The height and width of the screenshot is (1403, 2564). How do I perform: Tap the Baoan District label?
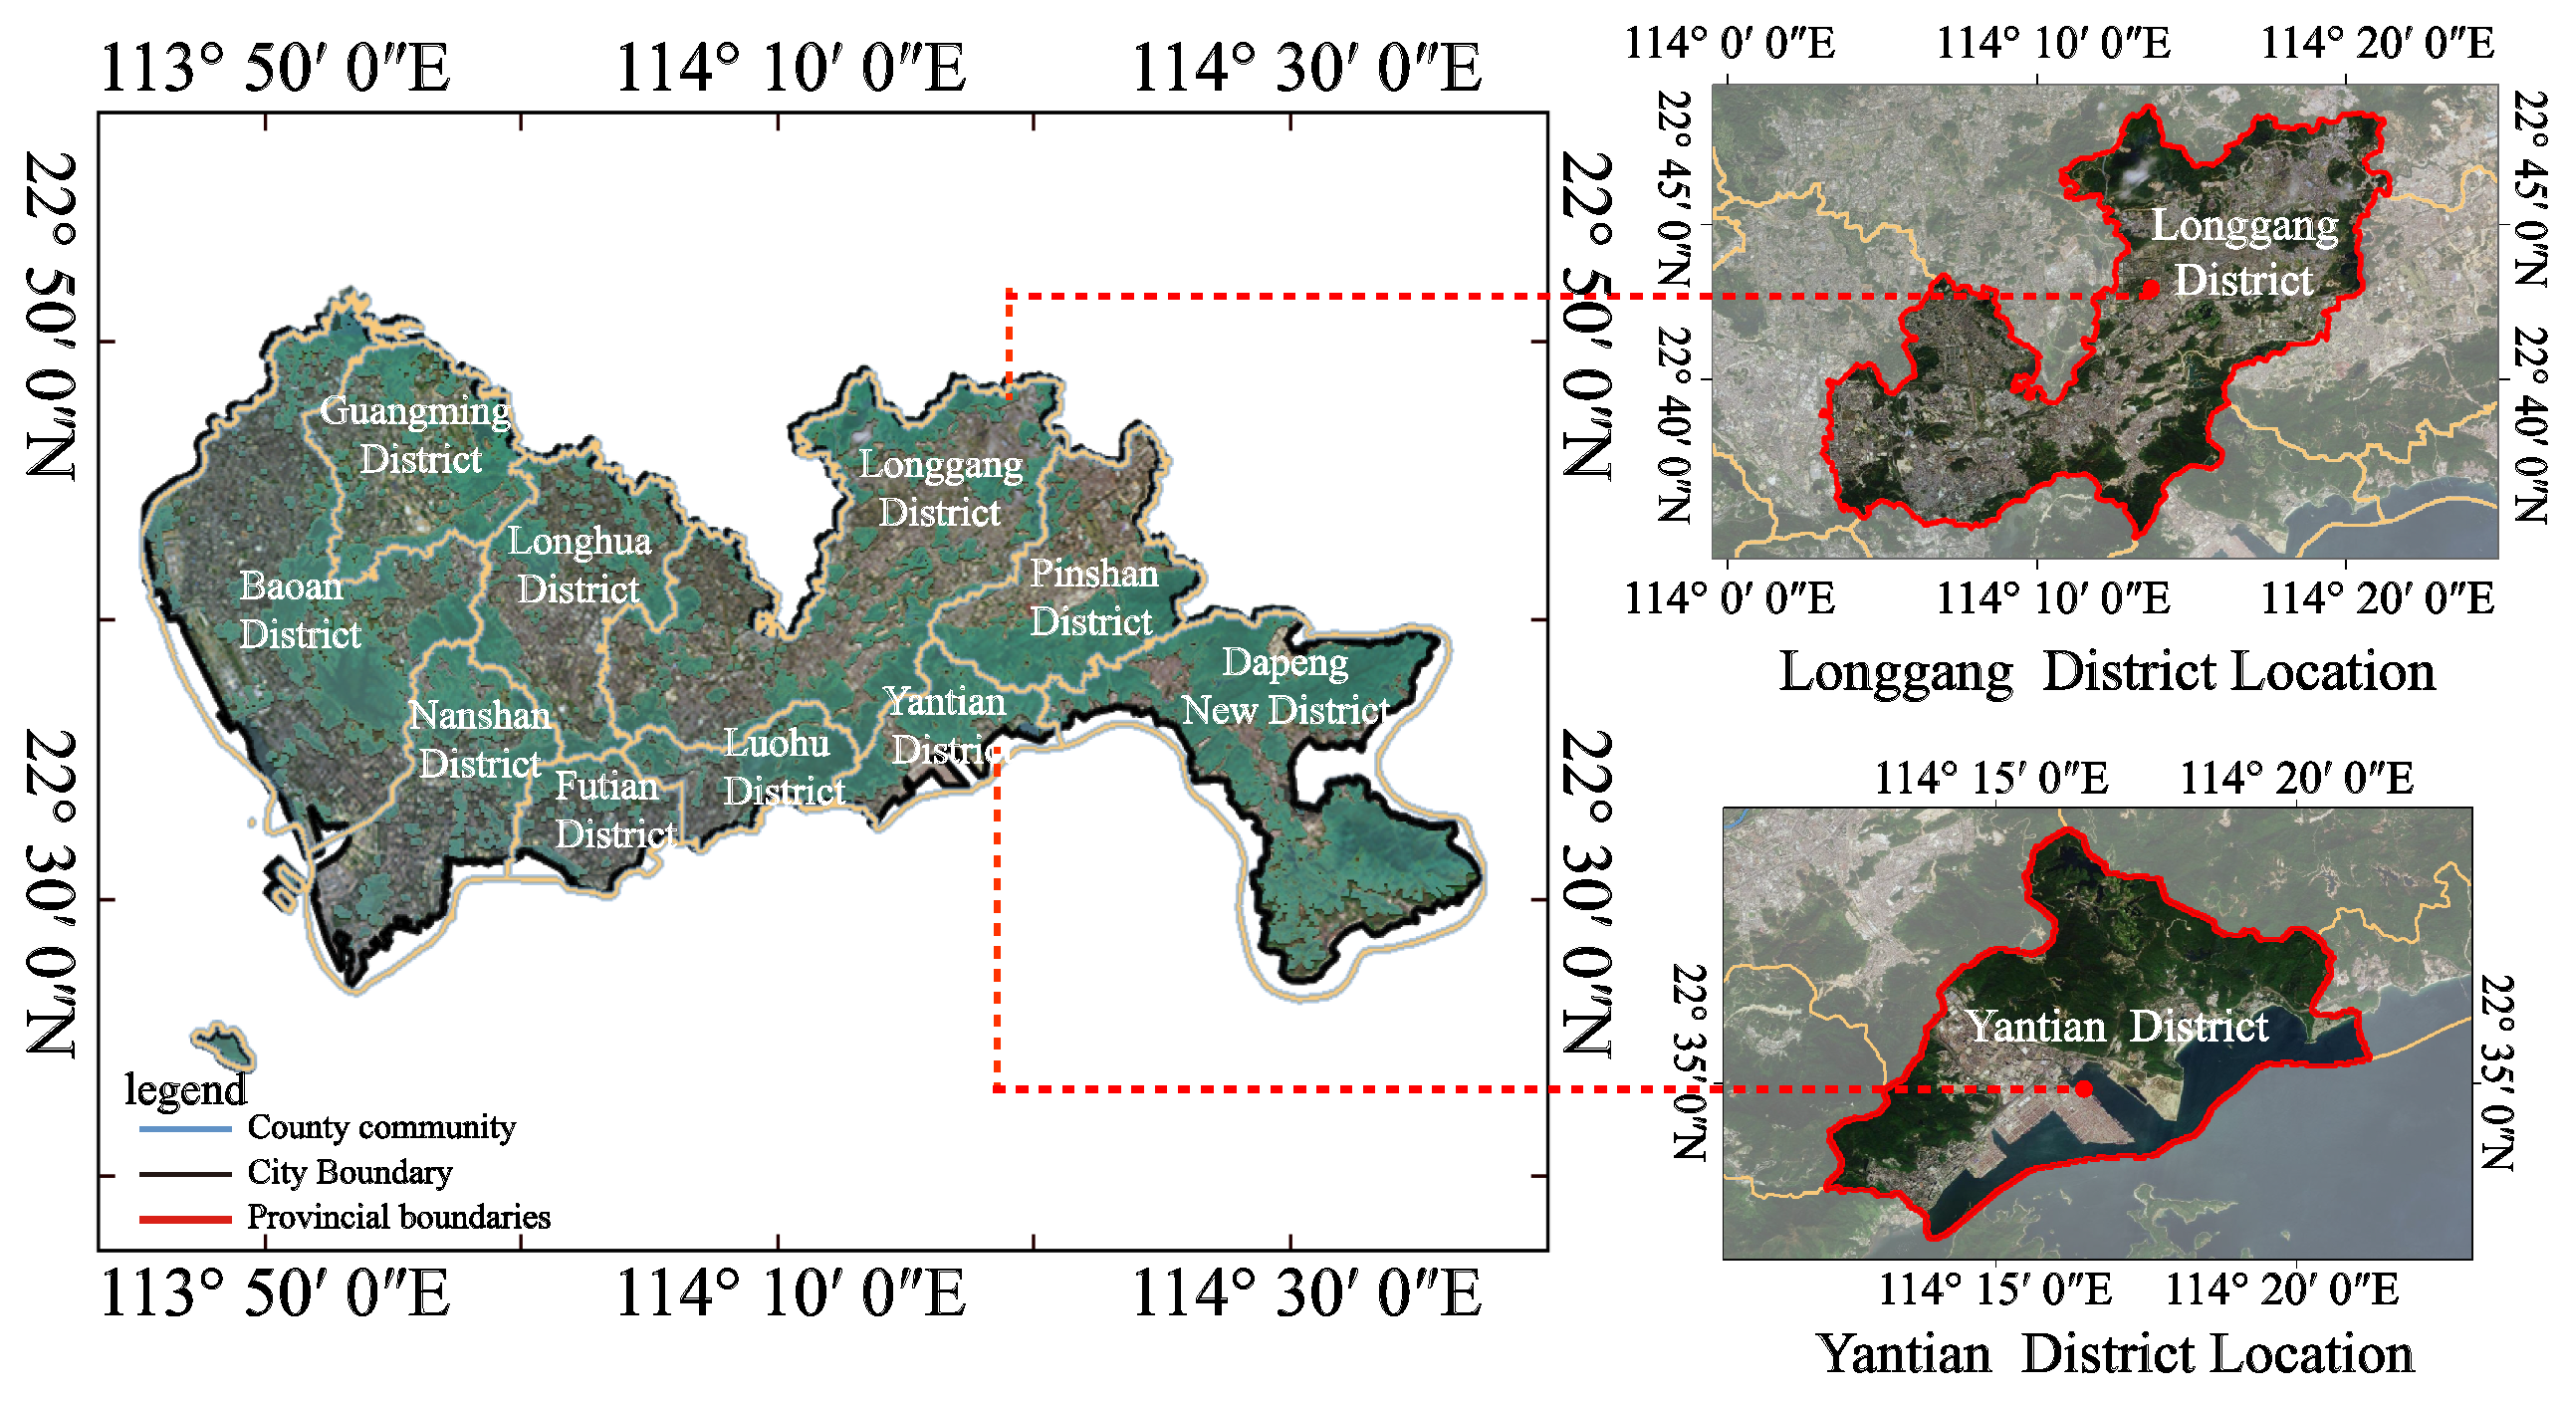pos(298,610)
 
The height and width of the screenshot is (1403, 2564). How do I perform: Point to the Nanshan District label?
pos(480,739)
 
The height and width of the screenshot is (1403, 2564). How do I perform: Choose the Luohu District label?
pos(782,767)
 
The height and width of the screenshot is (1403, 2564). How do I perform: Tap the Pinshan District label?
pos(1093,596)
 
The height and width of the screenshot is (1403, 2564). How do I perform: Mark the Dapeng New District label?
pos(1284,686)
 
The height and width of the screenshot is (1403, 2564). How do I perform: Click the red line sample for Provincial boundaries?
pos(185,1218)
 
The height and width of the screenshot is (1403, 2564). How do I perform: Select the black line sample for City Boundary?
pos(185,1174)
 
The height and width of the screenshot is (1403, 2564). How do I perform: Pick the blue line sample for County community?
pos(185,1129)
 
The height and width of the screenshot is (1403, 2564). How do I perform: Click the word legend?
pos(185,1089)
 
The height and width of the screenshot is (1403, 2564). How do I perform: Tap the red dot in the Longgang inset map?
pos(2150,289)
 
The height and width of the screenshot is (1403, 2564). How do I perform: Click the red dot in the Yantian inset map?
pos(2084,1088)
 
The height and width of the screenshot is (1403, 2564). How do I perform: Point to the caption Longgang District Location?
pos(2106,672)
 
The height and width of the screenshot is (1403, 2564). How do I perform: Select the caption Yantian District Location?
pos(2116,1354)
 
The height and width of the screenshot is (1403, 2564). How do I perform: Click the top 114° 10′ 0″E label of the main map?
pos(791,68)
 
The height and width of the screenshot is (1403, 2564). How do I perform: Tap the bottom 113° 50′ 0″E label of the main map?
pos(276,1293)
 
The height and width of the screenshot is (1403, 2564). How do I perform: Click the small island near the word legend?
pos(225,1044)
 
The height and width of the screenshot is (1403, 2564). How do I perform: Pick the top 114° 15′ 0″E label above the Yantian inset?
pos(1990,778)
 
